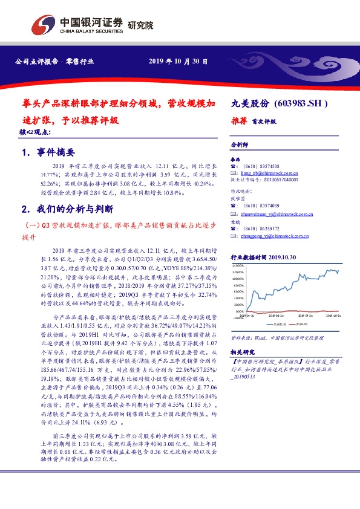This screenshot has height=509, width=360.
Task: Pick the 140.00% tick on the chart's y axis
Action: tap(237, 265)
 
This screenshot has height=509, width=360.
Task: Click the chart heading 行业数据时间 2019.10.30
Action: tap(263, 258)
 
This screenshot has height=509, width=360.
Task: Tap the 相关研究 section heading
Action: tap(243, 351)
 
